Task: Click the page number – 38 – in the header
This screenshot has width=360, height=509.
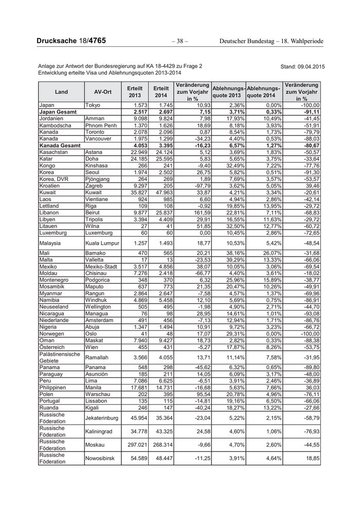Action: tap(179, 41)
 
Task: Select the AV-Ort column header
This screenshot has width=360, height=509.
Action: tap(103, 92)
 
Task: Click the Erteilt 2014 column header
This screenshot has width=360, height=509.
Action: tap(161, 92)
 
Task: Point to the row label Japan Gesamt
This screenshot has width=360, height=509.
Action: tap(58, 112)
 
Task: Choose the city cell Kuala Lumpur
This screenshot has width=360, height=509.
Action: tap(102, 243)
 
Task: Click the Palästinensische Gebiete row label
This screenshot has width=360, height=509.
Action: tap(60, 357)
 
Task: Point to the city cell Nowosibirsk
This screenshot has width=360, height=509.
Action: tap(103, 458)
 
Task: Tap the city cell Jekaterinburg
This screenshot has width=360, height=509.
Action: tap(103, 417)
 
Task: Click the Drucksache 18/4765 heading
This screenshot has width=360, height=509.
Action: tap(70, 41)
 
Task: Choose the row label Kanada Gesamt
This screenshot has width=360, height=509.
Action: tap(59, 145)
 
